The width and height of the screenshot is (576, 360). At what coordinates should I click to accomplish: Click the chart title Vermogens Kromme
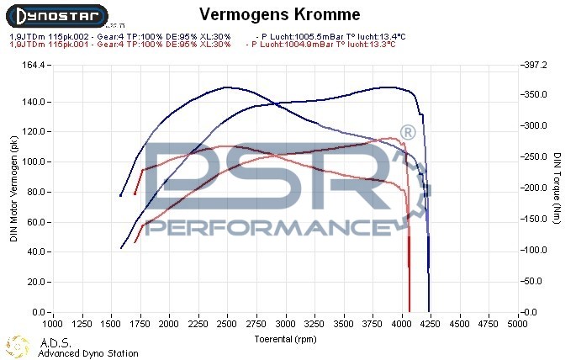(x=280, y=15)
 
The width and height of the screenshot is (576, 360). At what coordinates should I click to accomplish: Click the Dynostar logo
(x=55, y=14)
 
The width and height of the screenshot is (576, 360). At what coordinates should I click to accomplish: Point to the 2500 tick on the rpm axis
(x=226, y=322)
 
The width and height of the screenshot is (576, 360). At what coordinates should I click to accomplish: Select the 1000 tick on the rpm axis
(x=52, y=322)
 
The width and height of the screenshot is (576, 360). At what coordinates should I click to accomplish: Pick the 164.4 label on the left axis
(x=34, y=65)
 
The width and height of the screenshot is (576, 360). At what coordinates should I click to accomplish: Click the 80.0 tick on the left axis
(x=35, y=192)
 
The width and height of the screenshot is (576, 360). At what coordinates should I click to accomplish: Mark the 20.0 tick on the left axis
(x=35, y=282)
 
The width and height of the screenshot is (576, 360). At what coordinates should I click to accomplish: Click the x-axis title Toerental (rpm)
(x=285, y=338)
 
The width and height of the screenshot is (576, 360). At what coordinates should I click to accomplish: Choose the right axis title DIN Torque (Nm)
(x=558, y=188)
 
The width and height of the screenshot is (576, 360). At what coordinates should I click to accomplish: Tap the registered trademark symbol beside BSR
(x=407, y=133)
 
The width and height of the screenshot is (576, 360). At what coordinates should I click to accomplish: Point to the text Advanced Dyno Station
(x=88, y=353)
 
